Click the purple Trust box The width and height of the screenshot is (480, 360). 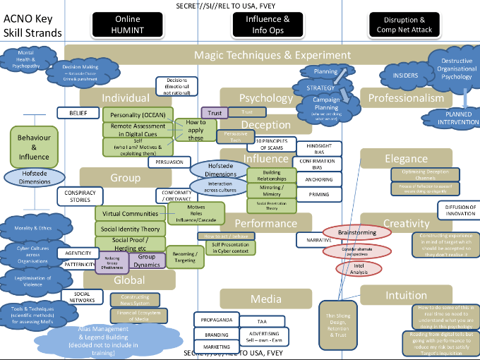click(x=215, y=113)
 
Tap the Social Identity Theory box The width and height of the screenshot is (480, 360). click(x=131, y=229)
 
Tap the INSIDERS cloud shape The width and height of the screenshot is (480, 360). click(x=400, y=74)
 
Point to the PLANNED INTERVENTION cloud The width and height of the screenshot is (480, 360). click(x=452, y=119)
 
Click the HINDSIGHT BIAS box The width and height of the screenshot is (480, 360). click(x=319, y=148)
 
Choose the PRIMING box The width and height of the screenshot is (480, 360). click(x=319, y=193)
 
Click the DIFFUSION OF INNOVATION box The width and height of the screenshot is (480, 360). click(x=460, y=210)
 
